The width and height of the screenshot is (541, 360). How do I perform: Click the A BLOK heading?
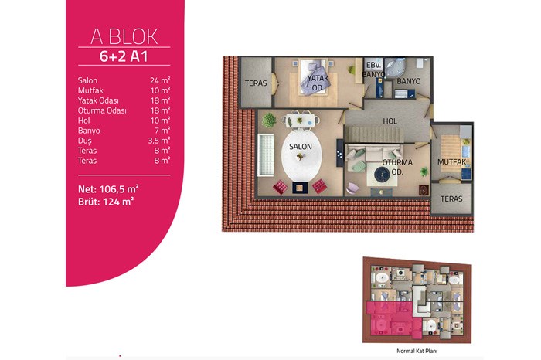click(x=124, y=36)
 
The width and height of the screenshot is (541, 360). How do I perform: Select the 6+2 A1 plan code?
click(x=124, y=56)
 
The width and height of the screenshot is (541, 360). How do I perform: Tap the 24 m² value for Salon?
click(x=160, y=80)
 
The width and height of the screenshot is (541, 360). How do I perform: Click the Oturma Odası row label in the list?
click(x=102, y=110)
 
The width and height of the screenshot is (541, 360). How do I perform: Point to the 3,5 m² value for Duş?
click(x=159, y=141)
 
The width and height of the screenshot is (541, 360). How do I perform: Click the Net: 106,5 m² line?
click(x=108, y=189)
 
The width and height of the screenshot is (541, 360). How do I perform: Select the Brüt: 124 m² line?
click(x=106, y=202)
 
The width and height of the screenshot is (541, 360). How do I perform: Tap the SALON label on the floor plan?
click(x=301, y=147)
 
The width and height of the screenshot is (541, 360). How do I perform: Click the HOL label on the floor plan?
click(x=390, y=121)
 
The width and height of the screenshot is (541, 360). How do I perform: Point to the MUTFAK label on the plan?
click(x=451, y=161)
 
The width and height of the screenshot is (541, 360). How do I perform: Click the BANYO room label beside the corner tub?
click(x=409, y=81)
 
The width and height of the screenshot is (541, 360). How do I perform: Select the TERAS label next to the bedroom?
click(x=256, y=83)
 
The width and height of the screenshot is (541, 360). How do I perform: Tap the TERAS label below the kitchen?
click(x=451, y=199)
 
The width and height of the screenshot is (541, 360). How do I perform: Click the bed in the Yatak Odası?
click(x=313, y=77)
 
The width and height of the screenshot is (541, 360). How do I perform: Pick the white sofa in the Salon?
click(x=266, y=155)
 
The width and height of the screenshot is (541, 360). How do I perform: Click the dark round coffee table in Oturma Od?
click(x=382, y=174)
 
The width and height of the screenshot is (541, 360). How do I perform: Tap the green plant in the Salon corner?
click(x=269, y=121)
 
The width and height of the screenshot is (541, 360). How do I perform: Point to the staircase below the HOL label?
click(x=375, y=134)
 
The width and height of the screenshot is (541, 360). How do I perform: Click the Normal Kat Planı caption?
click(x=417, y=351)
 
